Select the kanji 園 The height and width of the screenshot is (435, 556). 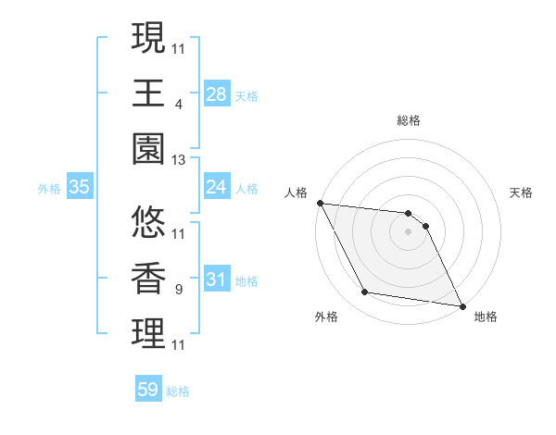pos(148,148)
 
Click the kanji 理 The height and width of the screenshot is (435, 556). pos(148,334)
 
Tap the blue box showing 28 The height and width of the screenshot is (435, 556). pos(216,93)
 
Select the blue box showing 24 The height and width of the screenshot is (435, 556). pos(216,187)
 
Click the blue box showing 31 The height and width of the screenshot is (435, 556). pos(216,280)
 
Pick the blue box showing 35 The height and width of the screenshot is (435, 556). pos(79,187)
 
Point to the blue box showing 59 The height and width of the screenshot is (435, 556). pos(148,390)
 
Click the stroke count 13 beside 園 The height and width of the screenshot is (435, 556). pos(179,160)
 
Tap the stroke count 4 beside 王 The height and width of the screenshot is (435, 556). pos(178,106)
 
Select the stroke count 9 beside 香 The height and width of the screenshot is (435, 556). pos(178,291)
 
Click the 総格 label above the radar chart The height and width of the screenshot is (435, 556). pos(409,120)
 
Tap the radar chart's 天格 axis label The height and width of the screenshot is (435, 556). pos(522,193)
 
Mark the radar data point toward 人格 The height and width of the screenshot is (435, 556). pos(320,203)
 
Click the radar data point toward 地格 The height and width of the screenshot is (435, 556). pos(461,305)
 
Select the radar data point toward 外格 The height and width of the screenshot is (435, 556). pos(364,292)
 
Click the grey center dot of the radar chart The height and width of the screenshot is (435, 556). pos(409,231)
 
